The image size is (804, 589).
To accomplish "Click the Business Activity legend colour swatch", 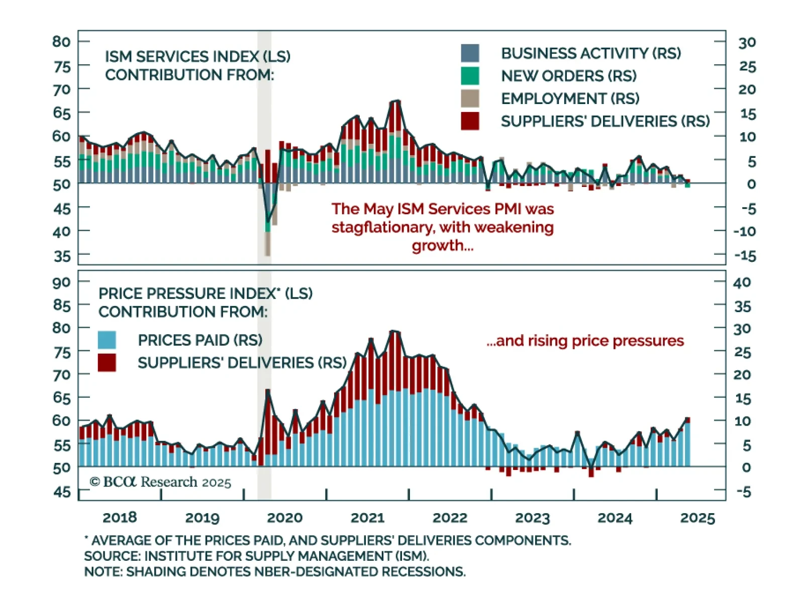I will point(470,53).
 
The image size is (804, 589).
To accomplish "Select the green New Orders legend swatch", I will point(470,76).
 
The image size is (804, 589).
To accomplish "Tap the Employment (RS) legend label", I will point(570,99).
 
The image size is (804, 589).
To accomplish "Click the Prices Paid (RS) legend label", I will point(200,340).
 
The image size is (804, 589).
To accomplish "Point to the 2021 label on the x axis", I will point(367,518).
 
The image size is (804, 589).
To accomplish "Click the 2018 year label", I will point(120,518).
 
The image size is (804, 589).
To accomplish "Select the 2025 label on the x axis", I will point(697,518).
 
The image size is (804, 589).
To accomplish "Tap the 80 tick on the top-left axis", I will point(61,42).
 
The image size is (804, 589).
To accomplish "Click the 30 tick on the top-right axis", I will point(747,43).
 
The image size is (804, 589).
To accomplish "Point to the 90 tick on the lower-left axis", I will point(61,282).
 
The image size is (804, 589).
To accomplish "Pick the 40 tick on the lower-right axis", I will point(742,282).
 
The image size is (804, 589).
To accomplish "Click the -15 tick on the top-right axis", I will point(745,256).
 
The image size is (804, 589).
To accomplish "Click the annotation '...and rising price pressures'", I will point(585,341).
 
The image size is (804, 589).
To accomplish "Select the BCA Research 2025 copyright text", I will point(160,482).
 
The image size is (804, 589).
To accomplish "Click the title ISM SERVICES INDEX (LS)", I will point(197,56).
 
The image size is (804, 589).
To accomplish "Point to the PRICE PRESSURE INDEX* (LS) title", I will point(205,293).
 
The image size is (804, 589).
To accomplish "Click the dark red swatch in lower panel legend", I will point(107,362).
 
